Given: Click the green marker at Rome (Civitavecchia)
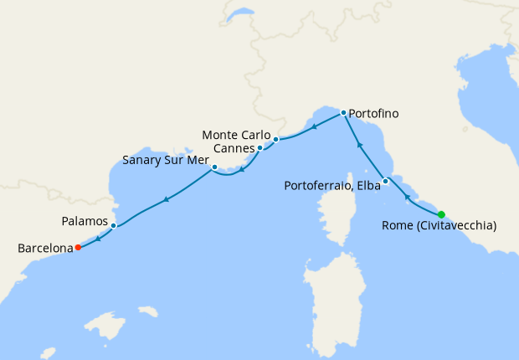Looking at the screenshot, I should [441, 214].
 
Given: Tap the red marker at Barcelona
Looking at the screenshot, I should [77, 247].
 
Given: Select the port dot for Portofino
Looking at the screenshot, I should [343, 112].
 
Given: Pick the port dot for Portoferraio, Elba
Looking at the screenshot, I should [385, 182].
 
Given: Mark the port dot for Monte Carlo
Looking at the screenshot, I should [275, 140].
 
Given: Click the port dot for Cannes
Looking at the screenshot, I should [259, 148].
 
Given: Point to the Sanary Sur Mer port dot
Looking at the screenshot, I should [215, 167].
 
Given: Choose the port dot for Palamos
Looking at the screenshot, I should [113, 225].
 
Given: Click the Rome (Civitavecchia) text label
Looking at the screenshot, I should [439, 226].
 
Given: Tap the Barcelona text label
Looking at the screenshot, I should [45, 248].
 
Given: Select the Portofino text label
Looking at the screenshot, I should [373, 113].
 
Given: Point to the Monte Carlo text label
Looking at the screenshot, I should [237, 135].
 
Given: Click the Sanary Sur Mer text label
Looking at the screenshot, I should [165, 159].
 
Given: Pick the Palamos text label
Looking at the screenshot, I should [85, 221].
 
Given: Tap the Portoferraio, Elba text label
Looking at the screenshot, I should [331, 184].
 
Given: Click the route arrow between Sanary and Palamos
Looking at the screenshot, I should [167, 199].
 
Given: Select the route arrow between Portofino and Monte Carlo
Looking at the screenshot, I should [312, 128].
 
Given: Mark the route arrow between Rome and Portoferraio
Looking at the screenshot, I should [407, 198].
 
